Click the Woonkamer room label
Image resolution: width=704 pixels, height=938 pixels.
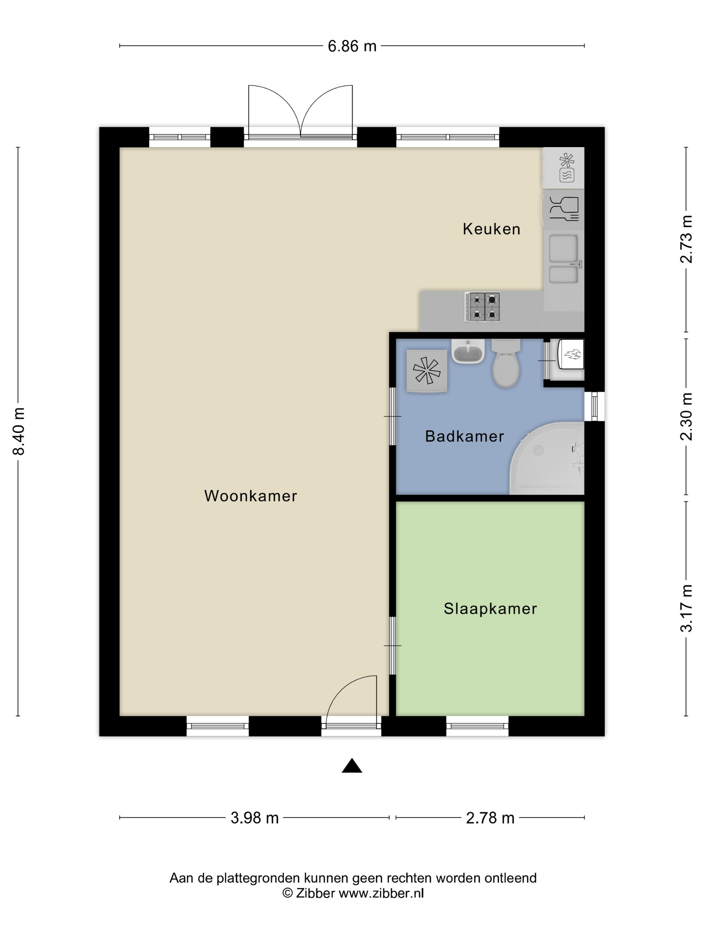point(250,496)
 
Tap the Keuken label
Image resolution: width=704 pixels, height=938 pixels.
point(491,229)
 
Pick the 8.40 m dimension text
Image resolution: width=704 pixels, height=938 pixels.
point(19,431)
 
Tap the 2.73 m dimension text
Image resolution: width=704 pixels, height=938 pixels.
point(686,239)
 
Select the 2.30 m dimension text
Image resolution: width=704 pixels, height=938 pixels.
point(686,416)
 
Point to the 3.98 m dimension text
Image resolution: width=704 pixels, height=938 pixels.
point(254,818)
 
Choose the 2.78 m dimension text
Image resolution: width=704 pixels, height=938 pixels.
point(490,818)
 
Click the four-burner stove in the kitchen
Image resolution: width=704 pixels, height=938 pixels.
point(482,307)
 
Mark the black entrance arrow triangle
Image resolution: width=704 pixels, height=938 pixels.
point(352,765)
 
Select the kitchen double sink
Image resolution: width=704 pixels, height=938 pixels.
point(564,259)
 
